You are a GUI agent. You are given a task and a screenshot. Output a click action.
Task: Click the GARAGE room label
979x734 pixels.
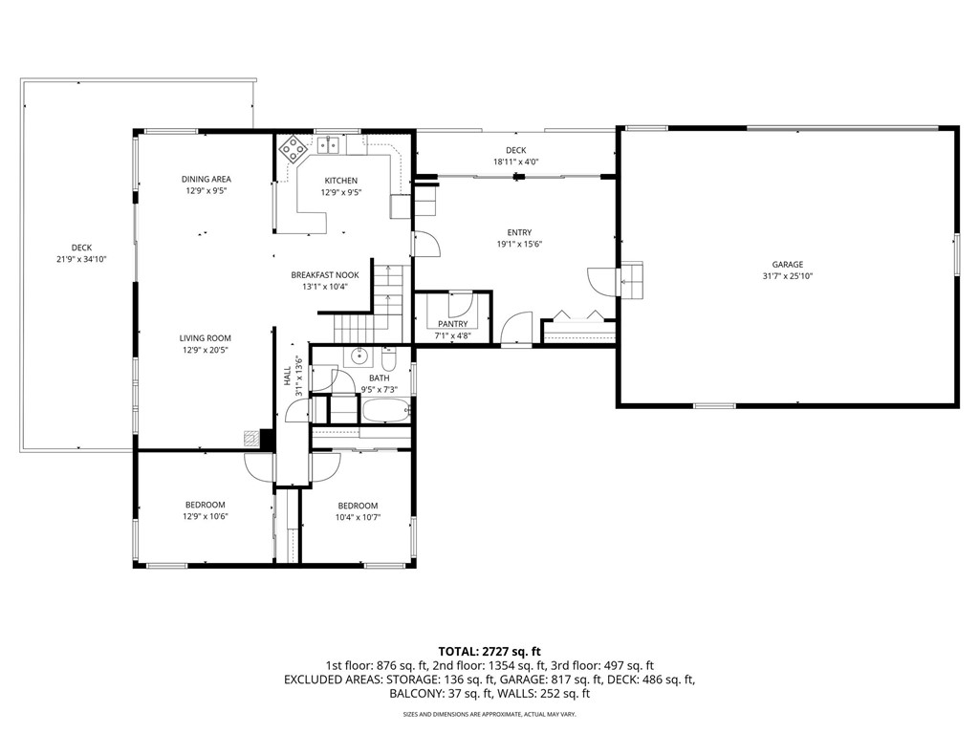(x=788, y=265)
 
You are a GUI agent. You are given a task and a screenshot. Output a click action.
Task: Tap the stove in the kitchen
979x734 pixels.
(x=294, y=147)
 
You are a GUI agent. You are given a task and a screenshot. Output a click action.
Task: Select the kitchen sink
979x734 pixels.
(x=330, y=145)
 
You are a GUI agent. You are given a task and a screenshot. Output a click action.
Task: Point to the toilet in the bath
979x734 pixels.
(x=388, y=359)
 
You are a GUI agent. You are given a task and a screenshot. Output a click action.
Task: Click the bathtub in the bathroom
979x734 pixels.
(x=385, y=411)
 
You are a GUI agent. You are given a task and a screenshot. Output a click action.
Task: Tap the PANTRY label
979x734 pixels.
(x=452, y=324)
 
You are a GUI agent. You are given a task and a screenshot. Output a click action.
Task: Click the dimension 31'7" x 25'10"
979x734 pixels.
(x=788, y=276)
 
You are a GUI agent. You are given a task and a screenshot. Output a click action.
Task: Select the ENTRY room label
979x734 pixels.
(x=519, y=232)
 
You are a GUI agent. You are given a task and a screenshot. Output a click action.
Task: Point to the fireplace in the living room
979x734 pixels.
(x=251, y=438)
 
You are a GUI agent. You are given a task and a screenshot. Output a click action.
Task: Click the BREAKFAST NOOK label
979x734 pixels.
(x=325, y=274)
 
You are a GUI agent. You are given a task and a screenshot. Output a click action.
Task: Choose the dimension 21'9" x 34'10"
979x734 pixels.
(x=81, y=259)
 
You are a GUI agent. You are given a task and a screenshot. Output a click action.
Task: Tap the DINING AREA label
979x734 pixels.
(x=207, y=179)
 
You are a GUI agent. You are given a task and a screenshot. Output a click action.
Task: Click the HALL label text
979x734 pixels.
(x=287, y=377)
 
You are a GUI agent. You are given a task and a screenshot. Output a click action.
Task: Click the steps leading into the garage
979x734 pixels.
(x=632, y=278)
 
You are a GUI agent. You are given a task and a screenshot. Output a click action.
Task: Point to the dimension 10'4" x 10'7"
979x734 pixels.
(x=358, y=517)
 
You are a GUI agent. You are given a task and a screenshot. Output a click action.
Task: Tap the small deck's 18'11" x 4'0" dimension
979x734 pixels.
(x=516, y=162)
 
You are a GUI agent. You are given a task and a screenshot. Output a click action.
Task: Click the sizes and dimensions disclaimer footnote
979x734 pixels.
(x=489, y=714)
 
